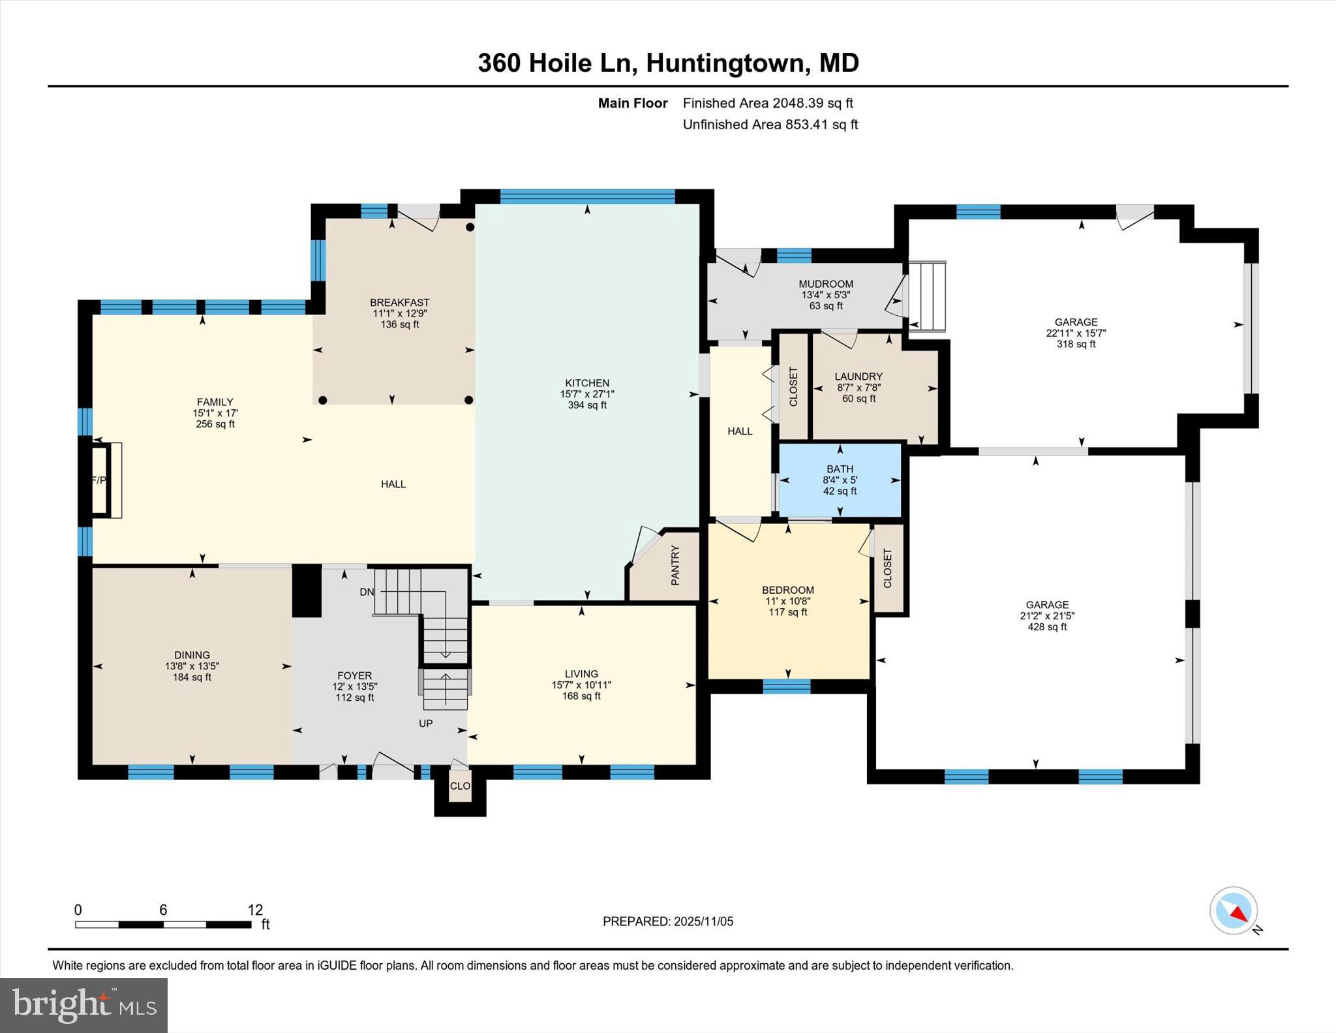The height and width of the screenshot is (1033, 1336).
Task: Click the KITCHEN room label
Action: [x=586, y=383]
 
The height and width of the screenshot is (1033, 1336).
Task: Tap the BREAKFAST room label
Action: [x=399, y=302]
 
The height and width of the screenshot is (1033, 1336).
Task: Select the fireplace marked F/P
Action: [x=100, y=480]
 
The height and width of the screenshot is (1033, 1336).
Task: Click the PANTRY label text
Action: [x=675, y=565]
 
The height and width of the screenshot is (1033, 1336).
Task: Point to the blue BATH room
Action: [x=840, y=480]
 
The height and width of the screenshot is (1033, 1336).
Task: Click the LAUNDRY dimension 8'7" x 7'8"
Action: [x=858, y=388]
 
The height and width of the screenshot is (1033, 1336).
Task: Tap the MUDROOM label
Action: [x=826, y=284]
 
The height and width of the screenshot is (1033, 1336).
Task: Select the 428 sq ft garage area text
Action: [x=1047, y=627]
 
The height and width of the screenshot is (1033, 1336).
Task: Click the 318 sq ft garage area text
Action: [x=1076, y=344]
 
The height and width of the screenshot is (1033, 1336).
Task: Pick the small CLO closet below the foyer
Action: [x=460, y=786]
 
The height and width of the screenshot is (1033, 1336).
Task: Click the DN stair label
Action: [x=367, y=592]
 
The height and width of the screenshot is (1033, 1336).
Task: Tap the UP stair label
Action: [x=425, y=723]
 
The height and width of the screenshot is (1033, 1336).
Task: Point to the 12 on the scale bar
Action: [x=255, y=910]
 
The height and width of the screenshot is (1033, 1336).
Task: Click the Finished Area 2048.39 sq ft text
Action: [x=768, y=103]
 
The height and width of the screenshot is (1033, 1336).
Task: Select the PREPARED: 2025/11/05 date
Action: [x=667, y=921]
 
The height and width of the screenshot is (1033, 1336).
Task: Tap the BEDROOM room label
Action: [x=787, y=590]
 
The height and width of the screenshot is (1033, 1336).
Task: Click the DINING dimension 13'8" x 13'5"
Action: [x=192, y=666]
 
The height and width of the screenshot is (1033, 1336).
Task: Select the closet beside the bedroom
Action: [x=887, y=568]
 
